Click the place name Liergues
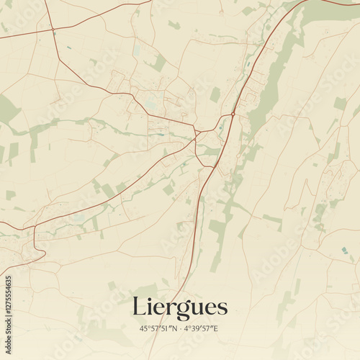179,307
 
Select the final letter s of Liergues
222,309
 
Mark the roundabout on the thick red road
233,114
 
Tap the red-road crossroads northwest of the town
53,30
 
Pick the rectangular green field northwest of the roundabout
215,94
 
